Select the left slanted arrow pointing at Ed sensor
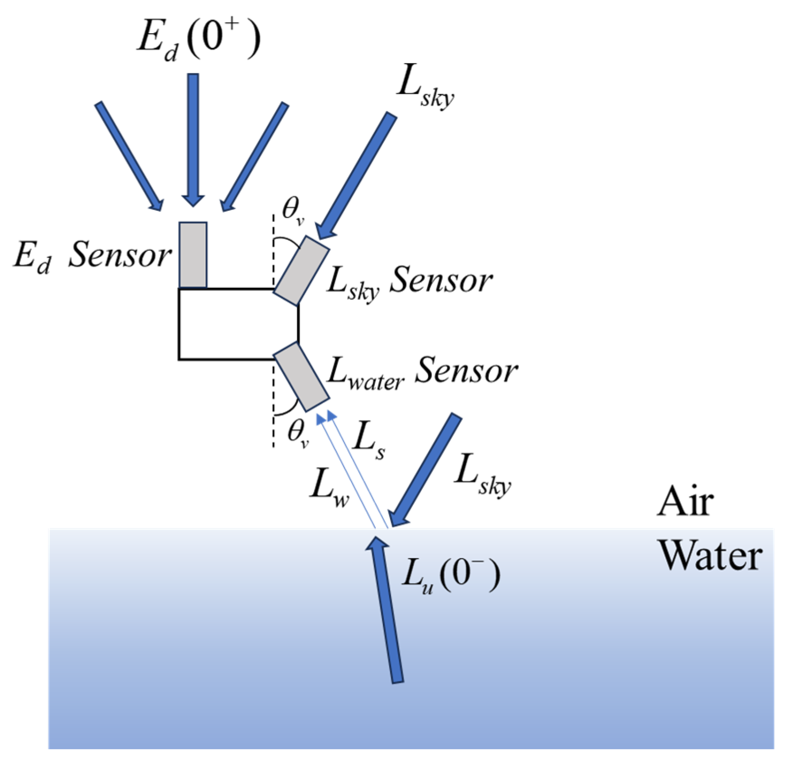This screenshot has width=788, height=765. (x=129, y=156)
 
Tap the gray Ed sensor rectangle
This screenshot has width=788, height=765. (x=193, y=255)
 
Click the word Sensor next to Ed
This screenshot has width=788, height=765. (x=119, y=256)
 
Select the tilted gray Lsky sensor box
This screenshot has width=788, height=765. (x=302, y=271)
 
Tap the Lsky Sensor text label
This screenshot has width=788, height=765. (x=409, y=282)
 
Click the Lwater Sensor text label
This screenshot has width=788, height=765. (x=421, y=373)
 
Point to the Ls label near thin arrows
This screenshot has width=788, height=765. (x=368, y=441)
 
